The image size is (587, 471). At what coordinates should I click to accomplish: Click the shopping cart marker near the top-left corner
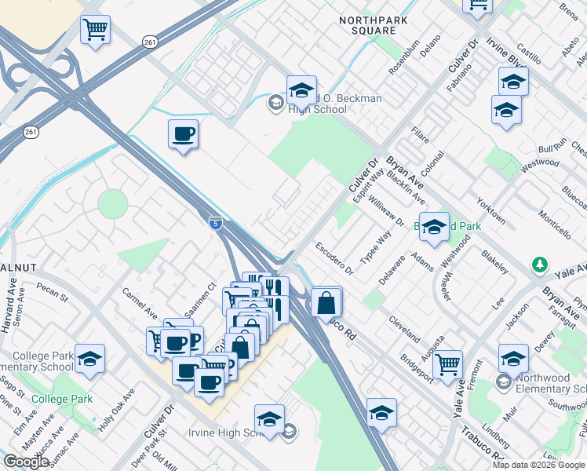(95, 31)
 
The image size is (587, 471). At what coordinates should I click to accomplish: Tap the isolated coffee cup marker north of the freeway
(183, 133)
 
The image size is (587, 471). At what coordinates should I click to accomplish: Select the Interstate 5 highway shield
(215, 223)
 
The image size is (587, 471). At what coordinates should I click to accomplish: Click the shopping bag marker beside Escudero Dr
(326, 302)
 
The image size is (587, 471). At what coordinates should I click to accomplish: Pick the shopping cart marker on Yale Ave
(447, 364)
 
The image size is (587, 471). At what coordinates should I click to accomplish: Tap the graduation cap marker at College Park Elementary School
(90, 358)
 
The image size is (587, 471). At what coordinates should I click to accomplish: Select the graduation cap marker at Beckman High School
(301, 90)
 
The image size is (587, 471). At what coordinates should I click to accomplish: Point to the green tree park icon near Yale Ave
(539, 265)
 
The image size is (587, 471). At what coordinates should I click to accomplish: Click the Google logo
(26, 462)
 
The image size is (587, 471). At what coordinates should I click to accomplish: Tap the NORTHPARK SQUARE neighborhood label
(367, 24)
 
